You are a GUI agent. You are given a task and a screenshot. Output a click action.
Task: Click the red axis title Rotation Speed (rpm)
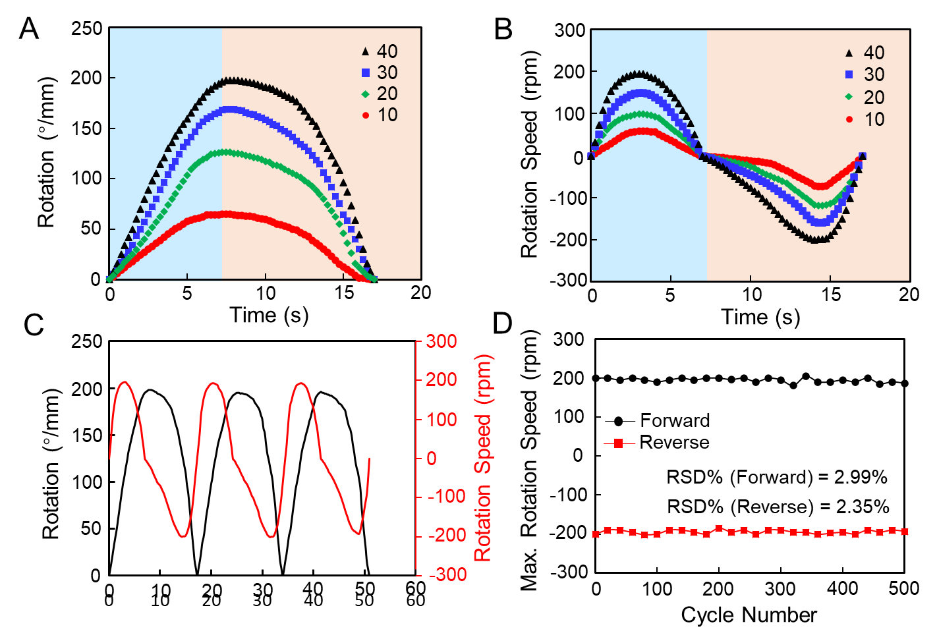click(483, 458)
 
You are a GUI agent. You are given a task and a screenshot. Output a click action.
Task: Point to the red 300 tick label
click(441, 341)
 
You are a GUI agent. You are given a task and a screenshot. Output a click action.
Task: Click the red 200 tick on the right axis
click(441, 379)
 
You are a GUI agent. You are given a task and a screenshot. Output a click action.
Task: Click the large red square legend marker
click(618, 443)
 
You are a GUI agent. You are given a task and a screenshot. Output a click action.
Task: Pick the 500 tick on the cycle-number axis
click(903, 588)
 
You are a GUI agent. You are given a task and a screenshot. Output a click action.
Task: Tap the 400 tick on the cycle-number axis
click(842, 588)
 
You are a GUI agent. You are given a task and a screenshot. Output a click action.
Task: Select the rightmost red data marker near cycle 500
click(905, 531)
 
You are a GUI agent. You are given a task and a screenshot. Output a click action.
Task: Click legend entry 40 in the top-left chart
click(387, 51)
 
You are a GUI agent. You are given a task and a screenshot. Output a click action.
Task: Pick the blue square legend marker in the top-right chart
click(849, 74)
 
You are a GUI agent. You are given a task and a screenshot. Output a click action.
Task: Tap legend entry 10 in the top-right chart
click(874, 119)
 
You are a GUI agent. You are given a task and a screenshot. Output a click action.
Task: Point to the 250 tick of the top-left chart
click(86, 28)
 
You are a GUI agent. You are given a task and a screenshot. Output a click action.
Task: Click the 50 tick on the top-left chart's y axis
click(91, 229)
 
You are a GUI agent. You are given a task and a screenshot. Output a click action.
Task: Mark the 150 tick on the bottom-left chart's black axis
click(87, 435)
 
